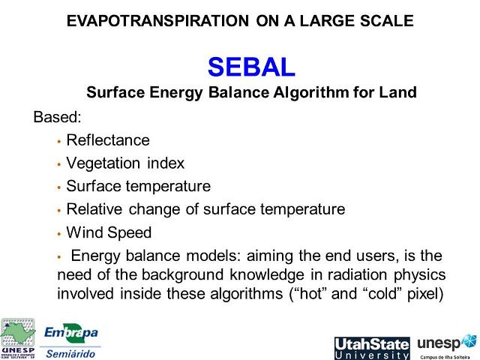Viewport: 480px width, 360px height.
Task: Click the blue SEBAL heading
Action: pyautogui.click(x=251, y=67)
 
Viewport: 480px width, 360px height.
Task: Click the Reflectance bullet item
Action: pyautogui.click(x=108, y=140)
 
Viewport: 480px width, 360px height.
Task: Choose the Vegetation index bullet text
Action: pyautogui.click(x=125, y=163)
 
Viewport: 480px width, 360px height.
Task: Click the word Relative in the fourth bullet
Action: pyautogui.click(x=92, y=209)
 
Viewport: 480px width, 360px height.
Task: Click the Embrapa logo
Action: pyautogui.click(x=71, y=331)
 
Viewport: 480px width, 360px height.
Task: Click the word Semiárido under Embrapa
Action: pyautogui.click(x=71, y=353)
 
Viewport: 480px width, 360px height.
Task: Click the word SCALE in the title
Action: pyautogui.click(x=386, y=21)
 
